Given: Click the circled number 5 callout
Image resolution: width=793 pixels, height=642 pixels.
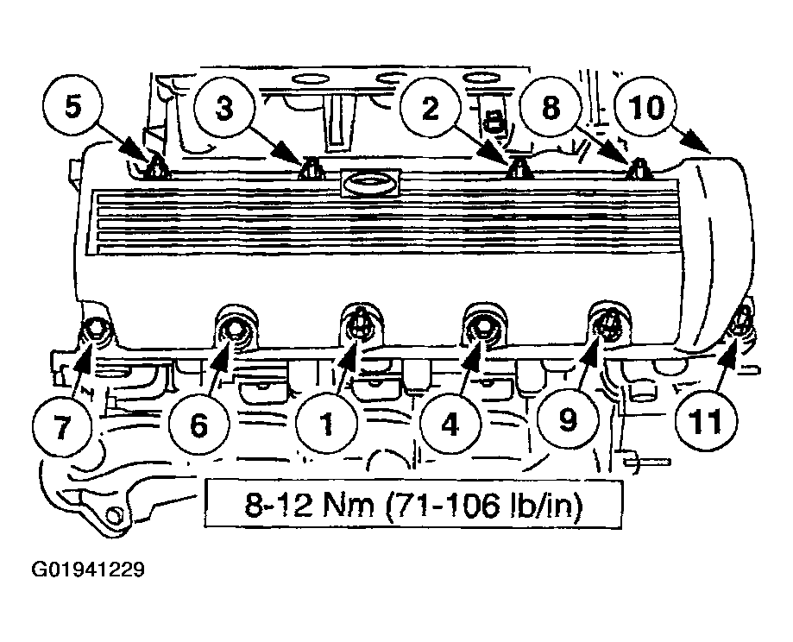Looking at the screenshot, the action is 72,107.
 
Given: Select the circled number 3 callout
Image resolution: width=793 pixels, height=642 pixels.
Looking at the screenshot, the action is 224,108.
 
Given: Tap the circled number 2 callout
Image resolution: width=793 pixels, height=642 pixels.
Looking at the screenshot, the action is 430,108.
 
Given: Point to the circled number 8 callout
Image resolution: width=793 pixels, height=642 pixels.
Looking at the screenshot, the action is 551,108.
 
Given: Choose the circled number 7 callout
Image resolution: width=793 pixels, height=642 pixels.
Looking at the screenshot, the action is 61,425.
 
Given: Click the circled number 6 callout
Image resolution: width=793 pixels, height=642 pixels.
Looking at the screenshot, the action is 198,424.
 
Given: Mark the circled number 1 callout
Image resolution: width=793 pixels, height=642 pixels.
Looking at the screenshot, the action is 327,423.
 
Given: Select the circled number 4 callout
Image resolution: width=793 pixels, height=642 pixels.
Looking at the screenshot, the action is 450,423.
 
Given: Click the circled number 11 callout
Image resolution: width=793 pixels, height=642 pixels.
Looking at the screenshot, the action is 706,421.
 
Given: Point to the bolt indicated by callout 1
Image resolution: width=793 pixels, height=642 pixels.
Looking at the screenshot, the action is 359,322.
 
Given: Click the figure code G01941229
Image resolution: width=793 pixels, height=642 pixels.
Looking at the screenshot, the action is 88,570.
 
